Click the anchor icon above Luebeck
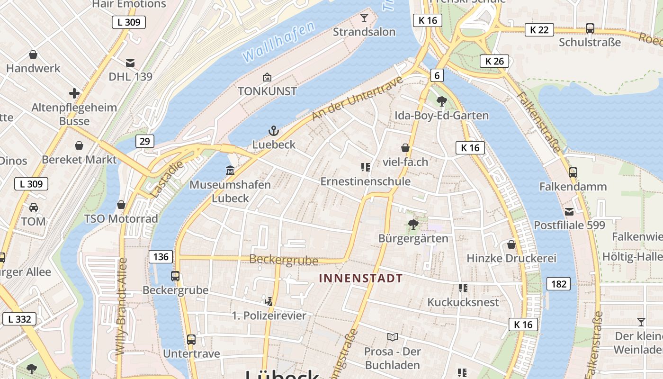tap(273, 131)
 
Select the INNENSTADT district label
tap(361, 278)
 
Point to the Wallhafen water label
tap(278, 42)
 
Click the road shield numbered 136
tap(161, 257)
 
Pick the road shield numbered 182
tap(559, 284)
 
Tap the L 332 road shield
tap(19, 319)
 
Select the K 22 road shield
tap(539, 30)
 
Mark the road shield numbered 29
tap(145, 141)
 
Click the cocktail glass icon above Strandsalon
tap(364, 18)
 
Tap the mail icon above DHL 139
tap(130, 63)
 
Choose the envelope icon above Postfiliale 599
tap(569, 211)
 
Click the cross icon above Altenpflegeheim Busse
tap(74, 93)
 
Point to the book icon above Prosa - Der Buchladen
tap(392, 337)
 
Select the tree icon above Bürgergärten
tap(413, 224)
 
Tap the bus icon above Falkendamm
tap(573, 172)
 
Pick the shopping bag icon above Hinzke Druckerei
tap(511, 244)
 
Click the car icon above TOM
tap(34, 208)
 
